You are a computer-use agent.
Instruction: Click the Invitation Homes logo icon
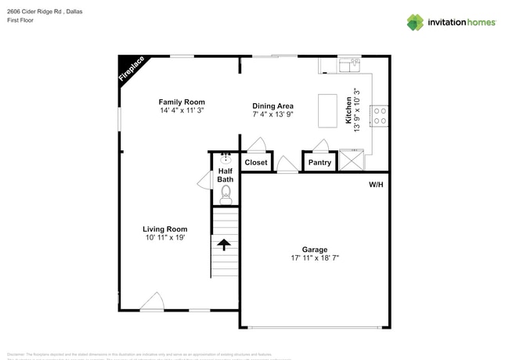[414, 22]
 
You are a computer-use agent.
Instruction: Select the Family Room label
[182, 102]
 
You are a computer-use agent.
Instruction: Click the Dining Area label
[273, 106]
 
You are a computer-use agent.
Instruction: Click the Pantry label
[319, 163]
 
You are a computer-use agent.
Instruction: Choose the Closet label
[256, 163]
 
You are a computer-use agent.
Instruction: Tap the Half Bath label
[225, 175]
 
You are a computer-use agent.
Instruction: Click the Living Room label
[164, 229]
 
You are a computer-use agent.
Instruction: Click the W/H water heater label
[376, 185]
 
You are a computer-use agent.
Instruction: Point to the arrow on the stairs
[224, 244]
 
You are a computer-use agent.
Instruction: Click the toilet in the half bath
[226, 193]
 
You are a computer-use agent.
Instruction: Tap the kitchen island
[327, 111]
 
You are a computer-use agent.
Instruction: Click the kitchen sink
[349, 63]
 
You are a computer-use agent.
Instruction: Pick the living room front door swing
[153, 301]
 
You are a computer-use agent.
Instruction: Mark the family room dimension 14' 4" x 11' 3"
[182, 110]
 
